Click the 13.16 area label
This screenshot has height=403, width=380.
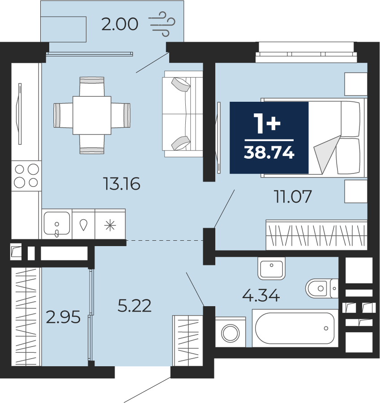pos(122,184)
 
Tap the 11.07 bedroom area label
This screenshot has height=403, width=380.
pos(293,197)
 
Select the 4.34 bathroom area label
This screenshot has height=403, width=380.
pos(261,295)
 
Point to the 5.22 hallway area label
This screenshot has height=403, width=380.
pos(134,306)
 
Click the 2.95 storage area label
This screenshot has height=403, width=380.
pos(63,317)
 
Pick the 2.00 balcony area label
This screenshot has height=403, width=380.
pos(120,25)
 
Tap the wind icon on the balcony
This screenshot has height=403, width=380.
pos(162,24)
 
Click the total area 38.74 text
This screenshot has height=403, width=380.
pos(269,153)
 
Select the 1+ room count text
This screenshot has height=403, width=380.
pos(267,124)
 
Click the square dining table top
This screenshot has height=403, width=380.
pos(92,115)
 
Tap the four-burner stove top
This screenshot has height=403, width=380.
pos(26,176)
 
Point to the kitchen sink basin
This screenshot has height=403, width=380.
pos(57,223)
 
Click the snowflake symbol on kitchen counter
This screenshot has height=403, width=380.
pos(110,225)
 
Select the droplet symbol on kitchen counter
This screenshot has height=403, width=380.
pos(83,225)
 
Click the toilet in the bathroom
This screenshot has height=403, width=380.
pos(322,288)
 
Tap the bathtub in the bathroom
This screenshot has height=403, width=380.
pos(295,328)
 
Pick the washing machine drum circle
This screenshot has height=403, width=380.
pos(231,333)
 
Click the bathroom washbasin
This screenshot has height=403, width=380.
pos(272,269)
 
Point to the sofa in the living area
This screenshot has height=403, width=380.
pos(183,114)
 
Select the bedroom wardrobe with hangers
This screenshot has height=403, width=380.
pos(316,235)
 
